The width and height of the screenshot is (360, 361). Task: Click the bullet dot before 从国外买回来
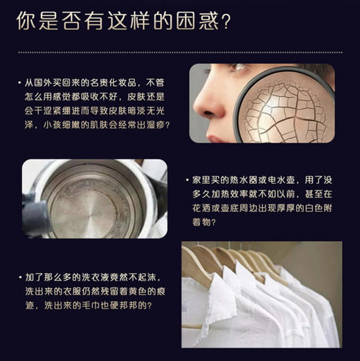(19, 84)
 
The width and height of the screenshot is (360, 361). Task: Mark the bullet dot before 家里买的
(188, 181)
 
